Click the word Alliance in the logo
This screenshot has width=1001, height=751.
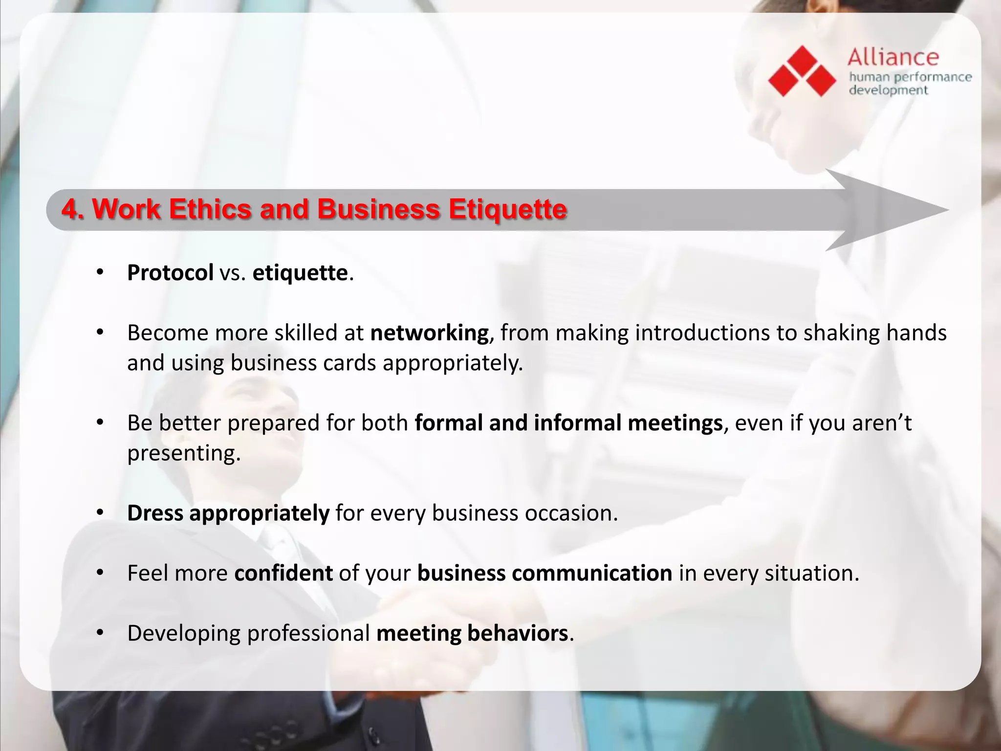pyautogui.click(x=893, y=58)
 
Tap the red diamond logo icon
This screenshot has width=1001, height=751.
pyautogui.click(x=802, y=71)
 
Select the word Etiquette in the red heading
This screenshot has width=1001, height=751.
pyautogui.click(x=508, y=209)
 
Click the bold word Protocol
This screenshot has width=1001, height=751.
pyautogui.click(x=170, y=273)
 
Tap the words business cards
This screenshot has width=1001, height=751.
pyautogui.click(x=303, y=363)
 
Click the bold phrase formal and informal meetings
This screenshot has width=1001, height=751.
pyautogui.click(x=568, y=423)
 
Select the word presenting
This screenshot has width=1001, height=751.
pyautogui.click(x=184, y=453)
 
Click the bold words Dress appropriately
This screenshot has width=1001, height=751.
pyautogui.click(x=228, y=513)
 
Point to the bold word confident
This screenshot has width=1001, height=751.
pyautogui.click(x=283, y=573)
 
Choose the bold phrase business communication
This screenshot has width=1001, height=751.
pyautogui.click(x=544, y=573)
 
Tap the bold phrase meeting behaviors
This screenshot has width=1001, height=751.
pyautogui.click(x=472, y=633)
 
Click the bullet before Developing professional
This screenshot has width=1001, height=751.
pyautogui.click(x=100, y=633)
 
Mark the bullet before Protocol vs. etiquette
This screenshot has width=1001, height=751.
pyautogui.click(x=100, y=273)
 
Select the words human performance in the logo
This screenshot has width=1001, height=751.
pyautogui.click(x=910, y=77)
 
